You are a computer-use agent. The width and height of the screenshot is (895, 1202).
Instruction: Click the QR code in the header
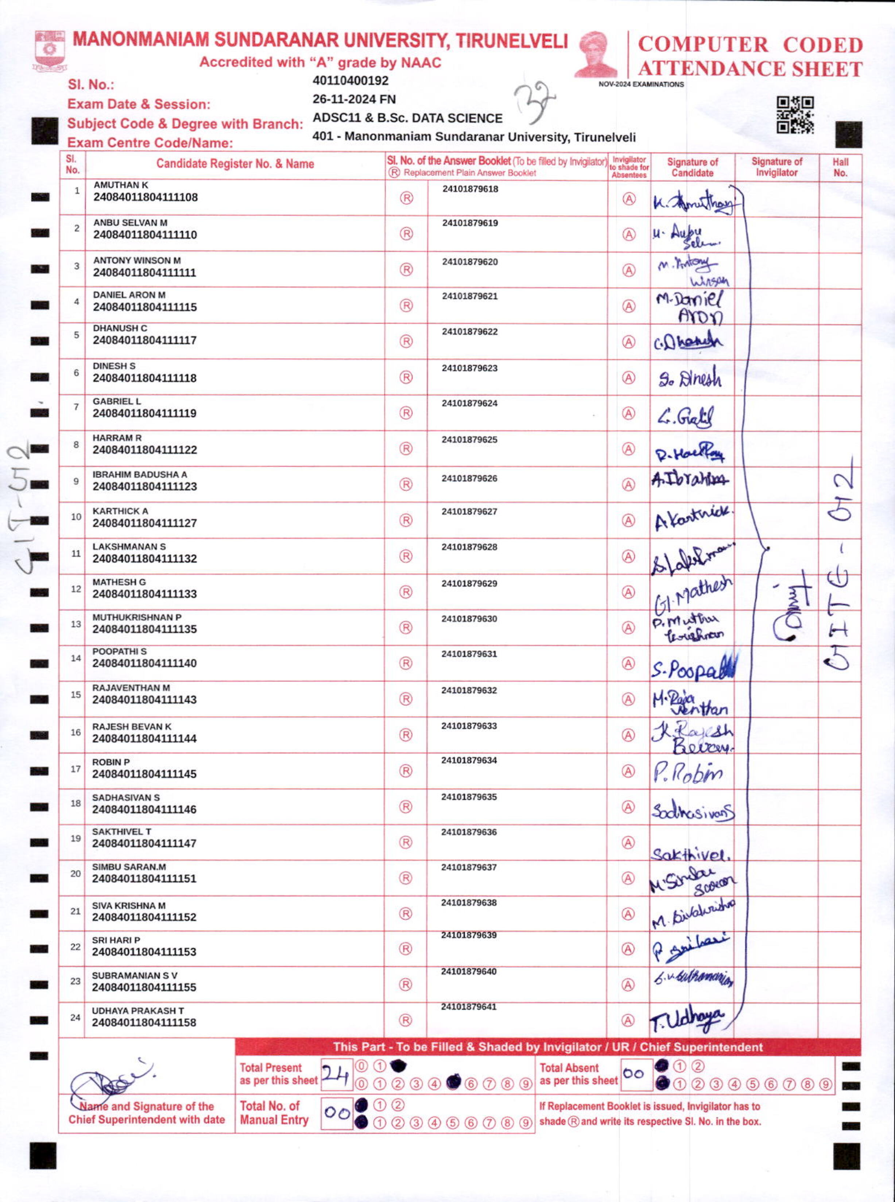[795, 115]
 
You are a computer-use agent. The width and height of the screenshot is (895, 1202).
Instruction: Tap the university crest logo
[50, 51]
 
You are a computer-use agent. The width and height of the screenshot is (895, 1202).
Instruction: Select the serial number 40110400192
[350, 81]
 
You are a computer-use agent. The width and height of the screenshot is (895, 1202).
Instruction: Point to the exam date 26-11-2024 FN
[354, 99]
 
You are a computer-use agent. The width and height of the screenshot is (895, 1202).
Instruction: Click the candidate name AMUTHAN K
[121, 185]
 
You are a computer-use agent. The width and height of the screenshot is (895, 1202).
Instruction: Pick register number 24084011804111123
[145, 486]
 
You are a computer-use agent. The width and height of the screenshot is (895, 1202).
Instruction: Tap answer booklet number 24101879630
[469, 618]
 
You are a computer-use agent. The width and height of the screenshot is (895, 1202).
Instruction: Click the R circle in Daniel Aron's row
[406, 305]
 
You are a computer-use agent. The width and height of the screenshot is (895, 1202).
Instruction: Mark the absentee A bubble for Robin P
[628, 770]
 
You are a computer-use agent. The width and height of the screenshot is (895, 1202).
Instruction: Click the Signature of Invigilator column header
[776, 167]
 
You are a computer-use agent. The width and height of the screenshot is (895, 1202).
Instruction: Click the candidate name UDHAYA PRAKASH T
[137, 1010]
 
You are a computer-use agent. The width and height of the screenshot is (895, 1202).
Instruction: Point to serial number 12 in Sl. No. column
[76, 589]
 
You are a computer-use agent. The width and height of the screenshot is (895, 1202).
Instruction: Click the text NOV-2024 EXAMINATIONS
[641, 85]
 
